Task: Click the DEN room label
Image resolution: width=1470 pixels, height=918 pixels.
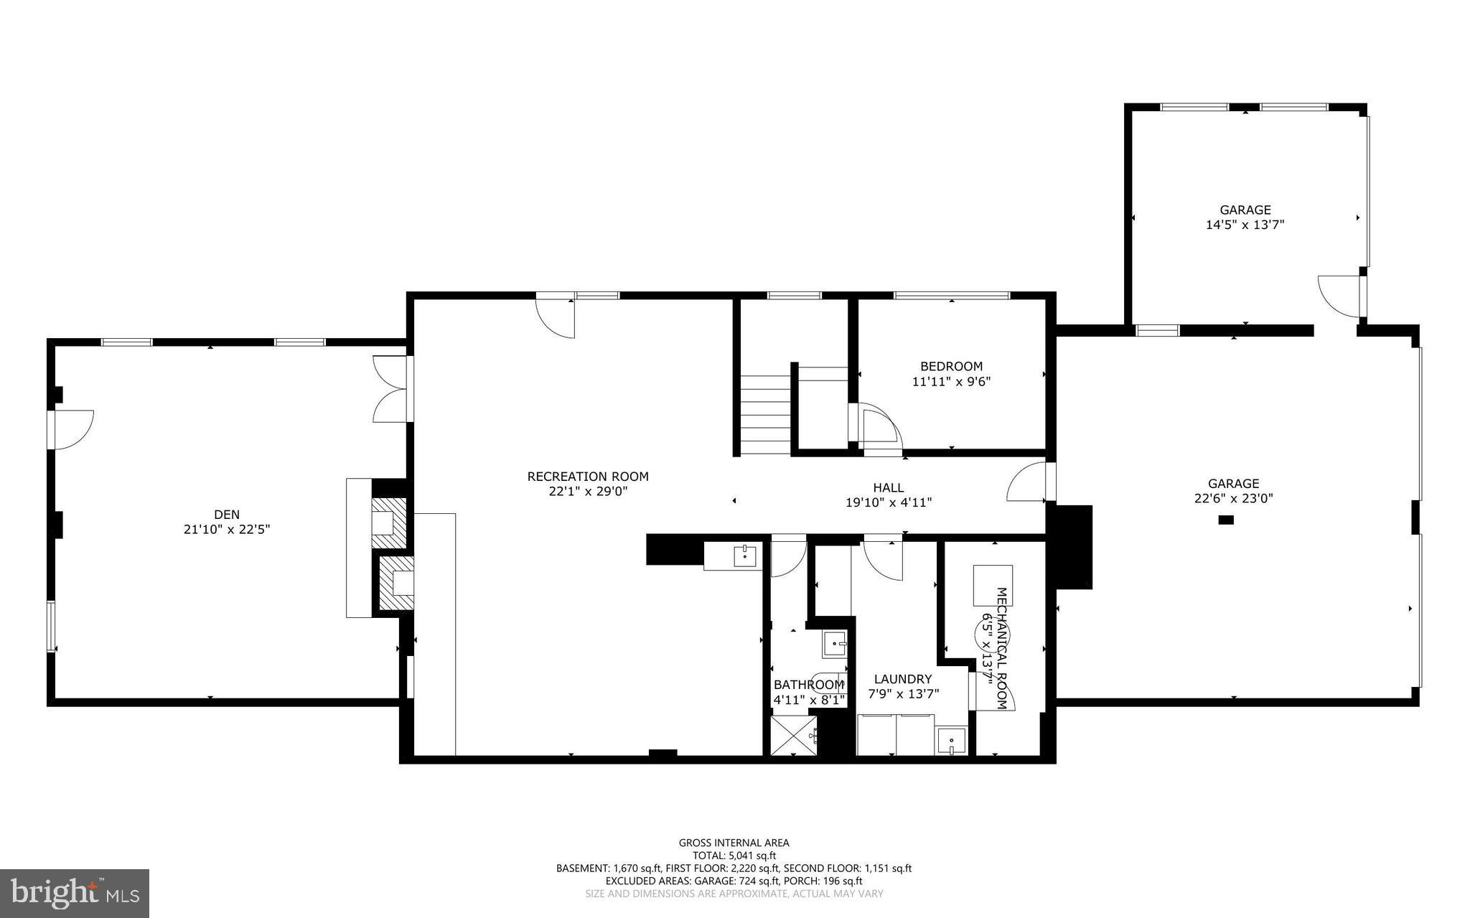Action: tap(227, 514)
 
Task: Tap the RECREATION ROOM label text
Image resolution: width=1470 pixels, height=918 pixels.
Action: tap(588, 477)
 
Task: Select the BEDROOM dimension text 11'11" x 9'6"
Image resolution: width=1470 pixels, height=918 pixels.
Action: tap(951, 382)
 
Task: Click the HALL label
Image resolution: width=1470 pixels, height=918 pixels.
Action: tap(889, 487)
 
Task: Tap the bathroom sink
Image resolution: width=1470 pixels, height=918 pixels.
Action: tap(834, 644)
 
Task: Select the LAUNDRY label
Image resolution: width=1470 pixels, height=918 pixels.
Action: tap(903, 679)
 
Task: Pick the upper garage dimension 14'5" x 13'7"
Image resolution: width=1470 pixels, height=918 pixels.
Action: tap(1245, 225)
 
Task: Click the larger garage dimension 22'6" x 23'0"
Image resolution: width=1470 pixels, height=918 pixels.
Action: tap(1233, 498)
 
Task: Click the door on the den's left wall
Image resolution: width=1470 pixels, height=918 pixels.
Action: tap(72, 429)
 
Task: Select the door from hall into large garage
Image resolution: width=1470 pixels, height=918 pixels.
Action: tap(1029, 482)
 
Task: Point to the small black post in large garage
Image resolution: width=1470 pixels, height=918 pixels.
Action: tap(1226, 520)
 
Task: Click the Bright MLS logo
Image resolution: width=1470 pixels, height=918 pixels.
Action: tap(75, 893)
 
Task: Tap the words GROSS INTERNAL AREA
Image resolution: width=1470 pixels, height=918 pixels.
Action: tap(734, 843)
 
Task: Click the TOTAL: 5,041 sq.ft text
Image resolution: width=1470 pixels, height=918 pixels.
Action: tap(734, 856)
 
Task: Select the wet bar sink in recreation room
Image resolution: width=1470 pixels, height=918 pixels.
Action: tap(744, 556)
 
